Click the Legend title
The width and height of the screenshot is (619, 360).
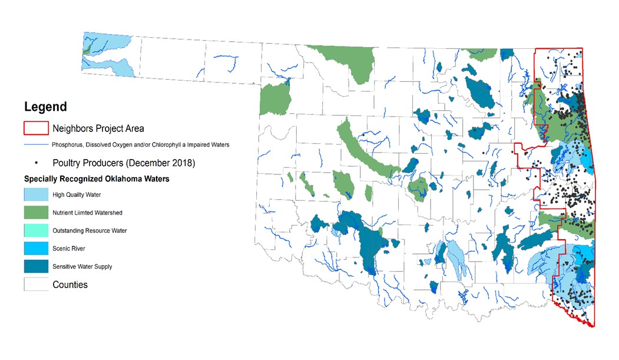[45, 107]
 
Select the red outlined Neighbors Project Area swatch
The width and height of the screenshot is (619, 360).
[35, 128]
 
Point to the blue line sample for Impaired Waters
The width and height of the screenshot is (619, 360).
[35, 144]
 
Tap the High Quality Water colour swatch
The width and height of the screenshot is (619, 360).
[35, 194]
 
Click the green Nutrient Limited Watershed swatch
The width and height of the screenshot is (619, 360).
[35, 212]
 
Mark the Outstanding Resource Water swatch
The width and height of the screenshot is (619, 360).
[35, 230]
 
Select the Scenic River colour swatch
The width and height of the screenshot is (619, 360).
[35, 249]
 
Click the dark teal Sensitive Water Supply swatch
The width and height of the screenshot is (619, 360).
[35, 266]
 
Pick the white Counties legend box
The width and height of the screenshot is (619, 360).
[35, 285]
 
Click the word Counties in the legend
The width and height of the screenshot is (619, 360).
[70, 285]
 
